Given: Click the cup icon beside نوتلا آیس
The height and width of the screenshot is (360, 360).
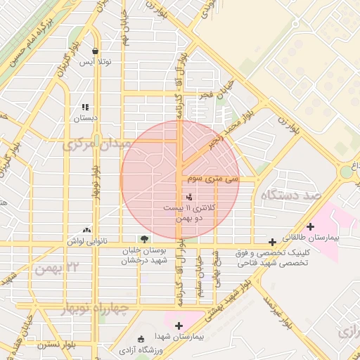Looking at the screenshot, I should point(95,51).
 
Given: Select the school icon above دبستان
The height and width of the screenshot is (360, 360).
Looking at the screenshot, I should point(86,108).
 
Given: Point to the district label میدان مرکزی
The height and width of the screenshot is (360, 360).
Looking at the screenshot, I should point(97,145).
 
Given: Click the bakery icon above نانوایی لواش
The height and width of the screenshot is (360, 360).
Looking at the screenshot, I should point(86,229).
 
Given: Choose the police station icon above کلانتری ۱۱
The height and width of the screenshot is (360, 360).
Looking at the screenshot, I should point(188,197).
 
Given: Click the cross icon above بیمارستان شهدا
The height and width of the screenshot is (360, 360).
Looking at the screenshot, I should point(179,326).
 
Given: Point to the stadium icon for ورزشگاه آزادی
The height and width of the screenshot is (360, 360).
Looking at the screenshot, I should point(142,339).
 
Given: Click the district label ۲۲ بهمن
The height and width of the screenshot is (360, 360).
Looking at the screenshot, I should point(57,267).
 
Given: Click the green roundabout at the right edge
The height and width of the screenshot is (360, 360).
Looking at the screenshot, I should point(347,171).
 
